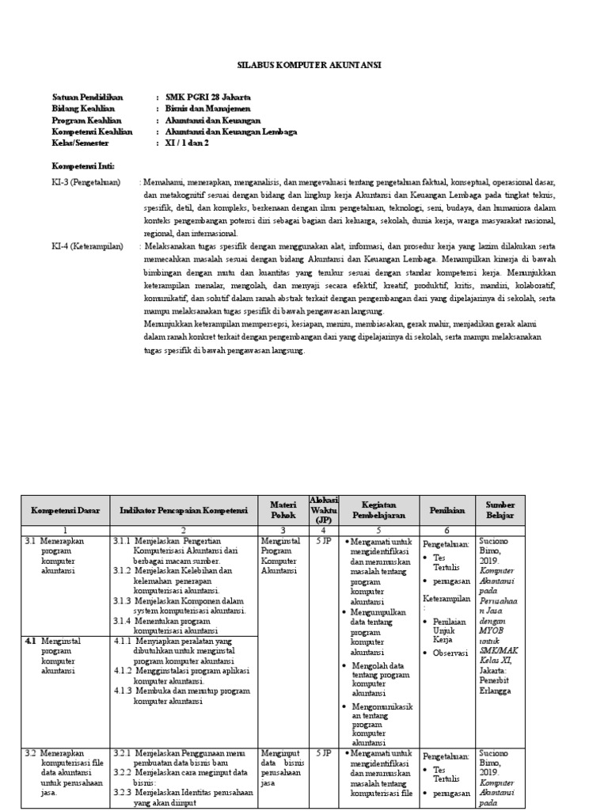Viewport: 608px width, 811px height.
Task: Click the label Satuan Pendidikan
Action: point(88,97)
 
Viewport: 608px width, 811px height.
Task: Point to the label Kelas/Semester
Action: point(80,143)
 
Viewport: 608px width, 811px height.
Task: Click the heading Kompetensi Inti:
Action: point(83,167)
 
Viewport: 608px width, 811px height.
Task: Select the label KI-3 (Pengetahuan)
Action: point(86,182)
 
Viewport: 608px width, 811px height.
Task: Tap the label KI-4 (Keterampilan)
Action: point(88,247)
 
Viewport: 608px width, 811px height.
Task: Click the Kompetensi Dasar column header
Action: point(65,510)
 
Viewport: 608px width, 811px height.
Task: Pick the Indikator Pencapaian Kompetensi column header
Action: point(184,510)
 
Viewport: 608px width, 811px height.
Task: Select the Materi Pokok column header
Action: point(283,510)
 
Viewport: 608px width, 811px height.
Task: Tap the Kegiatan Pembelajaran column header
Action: point(378,510)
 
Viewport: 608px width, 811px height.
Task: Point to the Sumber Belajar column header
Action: point(500,510)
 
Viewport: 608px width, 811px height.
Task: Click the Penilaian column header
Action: point(446,510)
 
